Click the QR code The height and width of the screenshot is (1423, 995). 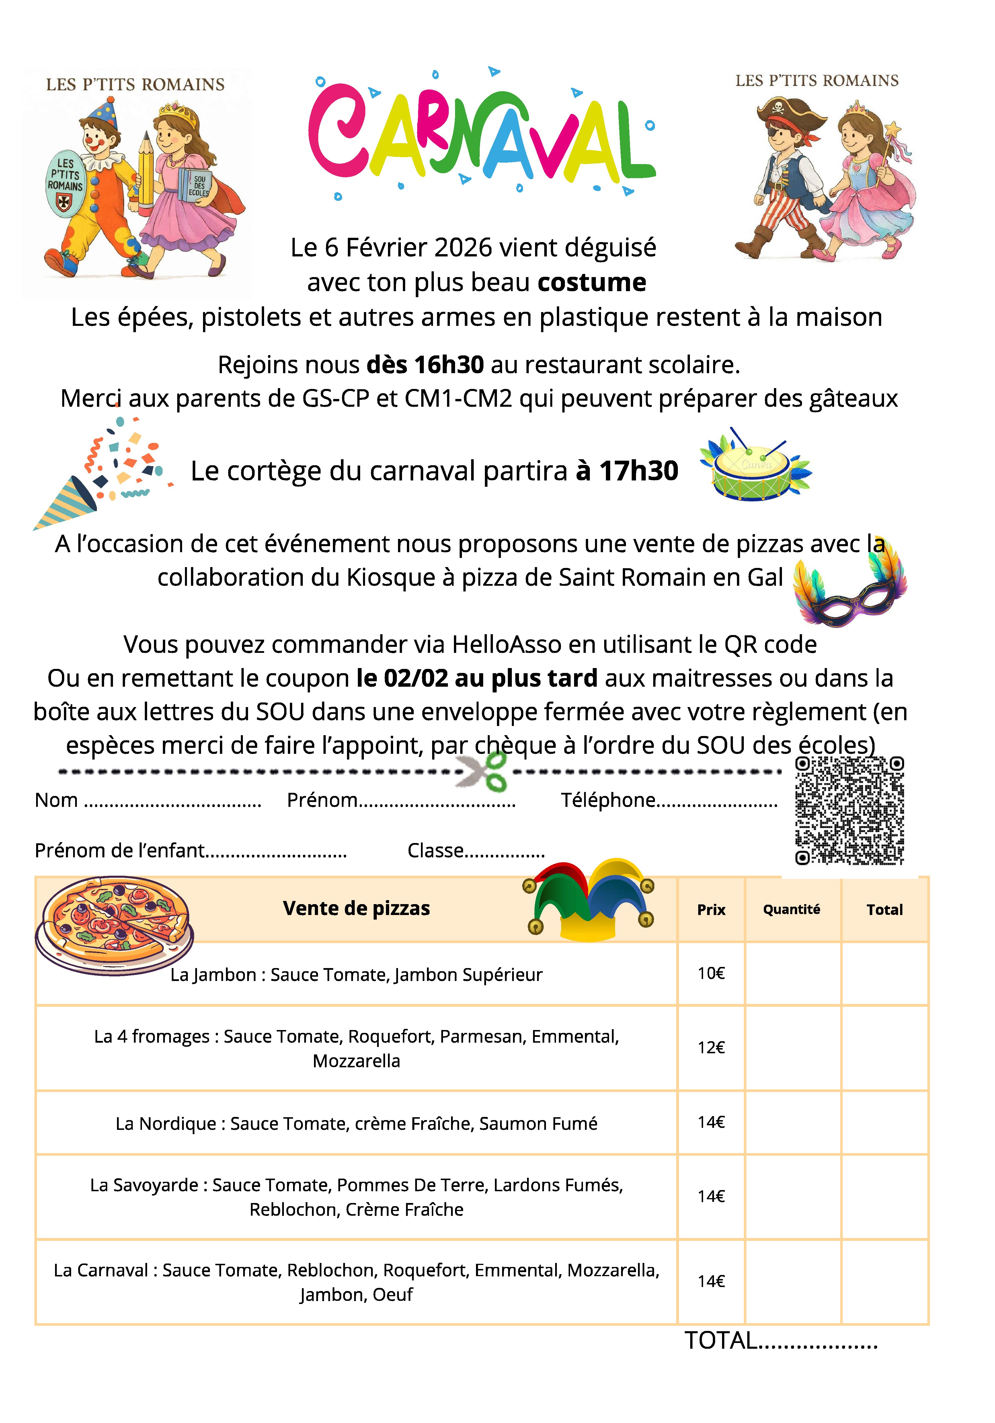tap(849, 810)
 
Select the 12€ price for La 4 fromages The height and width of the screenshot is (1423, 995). tap(711, 1048)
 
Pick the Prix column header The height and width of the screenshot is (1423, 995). tap(711, 909)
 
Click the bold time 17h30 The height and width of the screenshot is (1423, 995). tap(638, 471)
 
